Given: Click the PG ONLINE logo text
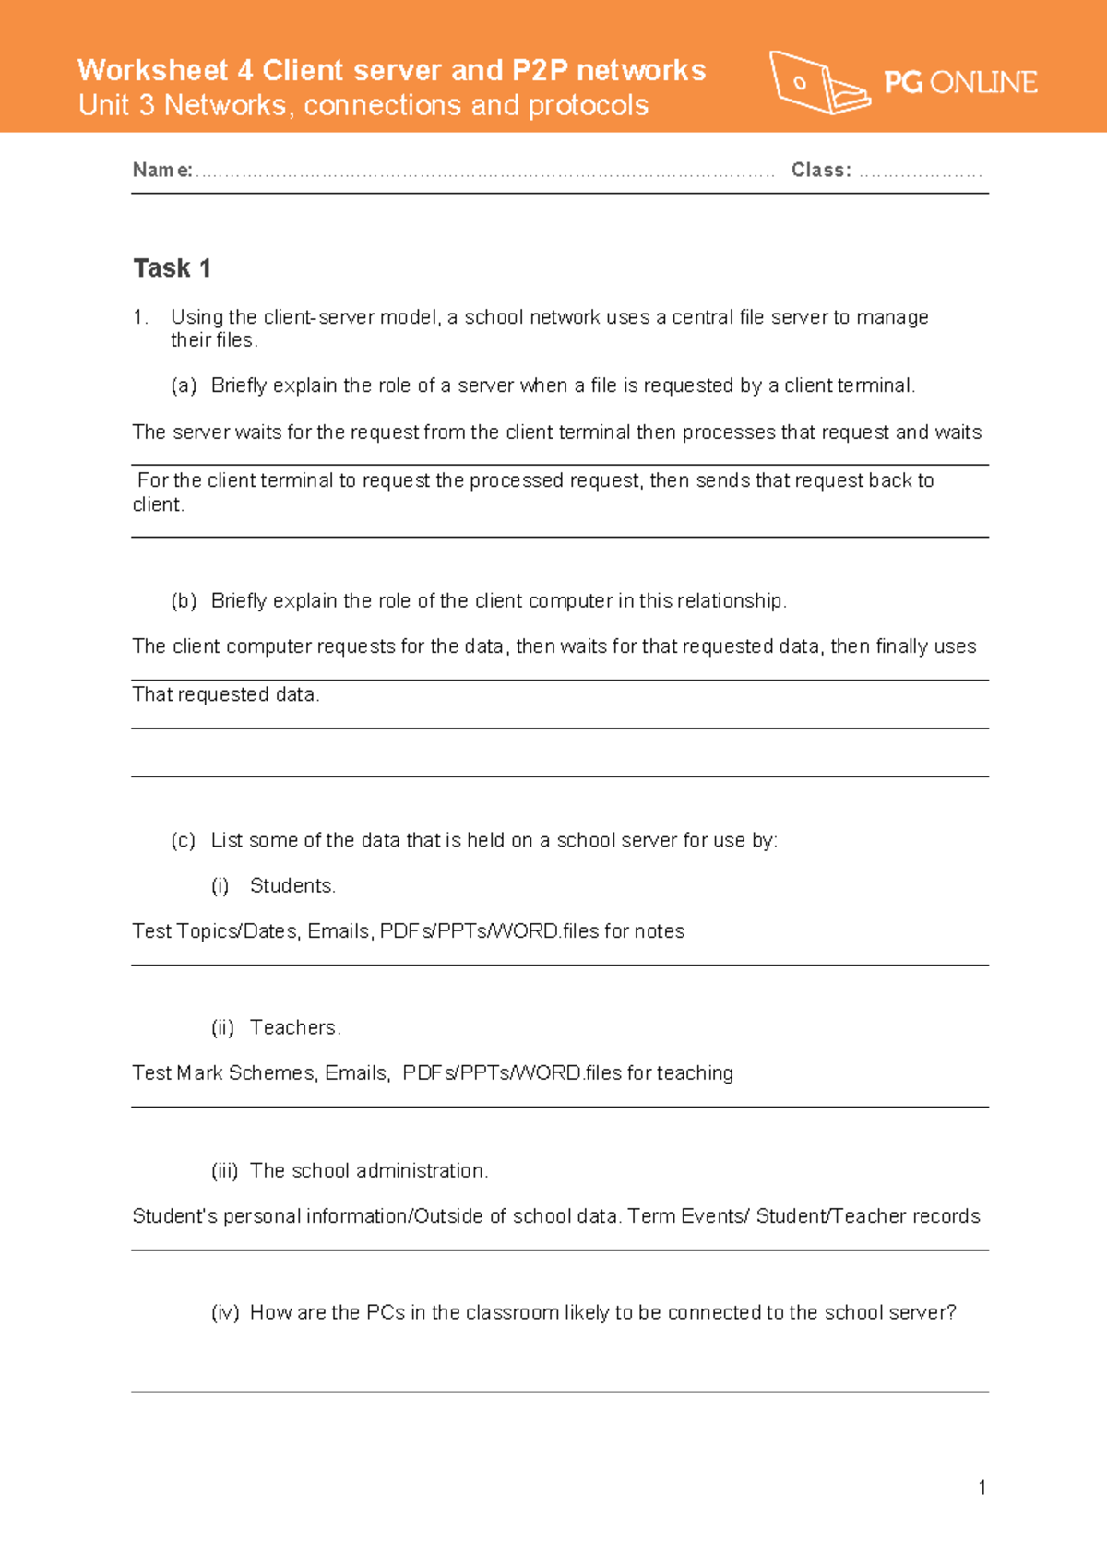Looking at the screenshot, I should [959, 83].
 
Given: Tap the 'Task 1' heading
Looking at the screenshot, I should [173, 268].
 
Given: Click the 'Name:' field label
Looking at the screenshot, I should [162, 170].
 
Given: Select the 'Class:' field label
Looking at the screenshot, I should [820, 170].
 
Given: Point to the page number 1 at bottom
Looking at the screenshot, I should [982, 1487].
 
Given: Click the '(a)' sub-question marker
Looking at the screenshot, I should [184, 385].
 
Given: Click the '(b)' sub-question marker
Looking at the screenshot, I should [184, 600].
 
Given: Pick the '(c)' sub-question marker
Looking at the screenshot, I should [184, 840].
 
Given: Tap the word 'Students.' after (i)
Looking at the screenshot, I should [292, 885].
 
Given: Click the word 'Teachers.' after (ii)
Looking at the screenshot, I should [295, 1027].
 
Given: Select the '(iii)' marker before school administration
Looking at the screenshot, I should [224, 1170].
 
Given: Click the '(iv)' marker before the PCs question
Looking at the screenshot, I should [225, 1312].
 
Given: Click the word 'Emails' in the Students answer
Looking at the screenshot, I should [339, 931].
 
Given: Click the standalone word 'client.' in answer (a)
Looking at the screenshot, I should [158, 504].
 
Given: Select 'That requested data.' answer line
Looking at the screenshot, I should [226, 694].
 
